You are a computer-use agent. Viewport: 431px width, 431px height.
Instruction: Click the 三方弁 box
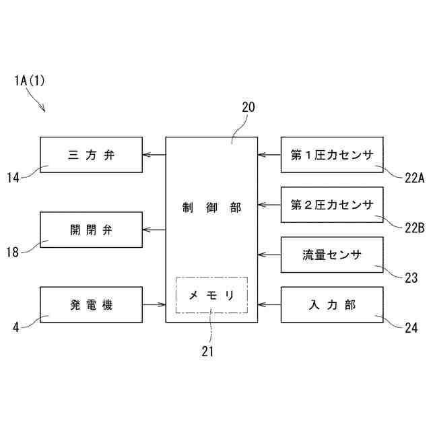coord(91,155)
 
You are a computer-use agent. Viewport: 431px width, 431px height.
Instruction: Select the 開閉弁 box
coord(91,230)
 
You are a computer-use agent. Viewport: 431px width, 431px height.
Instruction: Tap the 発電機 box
coord(91,304)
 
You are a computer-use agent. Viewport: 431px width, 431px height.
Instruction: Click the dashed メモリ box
coord(211,295)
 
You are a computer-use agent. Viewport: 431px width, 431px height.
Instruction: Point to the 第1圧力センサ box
coord(331,155)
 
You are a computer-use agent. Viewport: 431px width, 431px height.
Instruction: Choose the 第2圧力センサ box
coord(331,205)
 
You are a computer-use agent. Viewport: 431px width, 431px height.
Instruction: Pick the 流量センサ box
coord(331,255)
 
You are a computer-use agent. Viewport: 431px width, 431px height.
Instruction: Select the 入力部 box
coord(331,304)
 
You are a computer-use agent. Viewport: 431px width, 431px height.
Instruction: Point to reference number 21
coord(209,350)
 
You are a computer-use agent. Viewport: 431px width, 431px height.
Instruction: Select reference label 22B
coord(413,228)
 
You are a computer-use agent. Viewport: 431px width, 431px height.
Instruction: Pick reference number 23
coord(411,277)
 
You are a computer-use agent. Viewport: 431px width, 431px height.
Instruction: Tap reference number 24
coord(411,329)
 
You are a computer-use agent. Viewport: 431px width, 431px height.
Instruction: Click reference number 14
coord(13,177)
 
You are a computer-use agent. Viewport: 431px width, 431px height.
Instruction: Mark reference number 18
coord(13,252)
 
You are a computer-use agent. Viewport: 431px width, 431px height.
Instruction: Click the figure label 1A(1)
coord(29,81)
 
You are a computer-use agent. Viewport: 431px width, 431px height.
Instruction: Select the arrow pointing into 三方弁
coord(154,155)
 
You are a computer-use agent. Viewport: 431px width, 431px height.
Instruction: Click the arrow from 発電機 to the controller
coord(154,304)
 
